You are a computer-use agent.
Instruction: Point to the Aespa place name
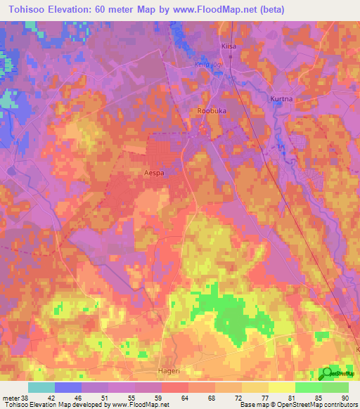tap(155, 171)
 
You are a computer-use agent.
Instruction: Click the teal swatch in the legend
tap(41, 387)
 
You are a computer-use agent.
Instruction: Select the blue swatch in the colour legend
tap(68, 387)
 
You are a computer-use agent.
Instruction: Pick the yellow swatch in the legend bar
tap(282, 387)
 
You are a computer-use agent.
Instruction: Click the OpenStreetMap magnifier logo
tap(328, 374)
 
